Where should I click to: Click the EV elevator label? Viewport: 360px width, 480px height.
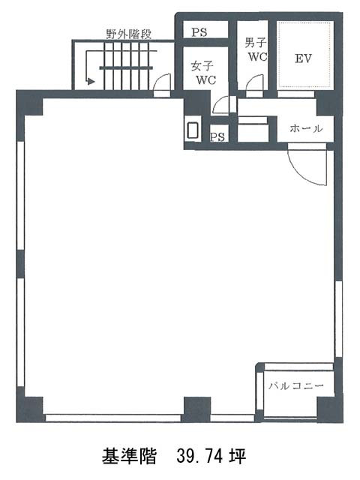coord(303,58)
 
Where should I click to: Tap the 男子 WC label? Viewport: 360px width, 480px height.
coord(256,49)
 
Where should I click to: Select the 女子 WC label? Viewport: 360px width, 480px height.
coord(203,73)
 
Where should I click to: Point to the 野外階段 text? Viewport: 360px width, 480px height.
coord(129,34)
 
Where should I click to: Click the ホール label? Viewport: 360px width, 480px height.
coord(306,128)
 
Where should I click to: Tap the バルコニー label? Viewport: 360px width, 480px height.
coord(296,385)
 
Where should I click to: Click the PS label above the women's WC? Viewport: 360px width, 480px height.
coord(199,32)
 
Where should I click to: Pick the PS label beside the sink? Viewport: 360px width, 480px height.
coord(217,136)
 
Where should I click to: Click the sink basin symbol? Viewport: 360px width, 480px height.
coord(193,130)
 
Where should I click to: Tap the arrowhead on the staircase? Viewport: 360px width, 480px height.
coord(91,82)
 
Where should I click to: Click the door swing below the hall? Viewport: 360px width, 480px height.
coord(307,166)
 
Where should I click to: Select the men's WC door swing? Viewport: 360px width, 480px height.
coord(255,82)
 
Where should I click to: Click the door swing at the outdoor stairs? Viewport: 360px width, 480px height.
coord(161,82)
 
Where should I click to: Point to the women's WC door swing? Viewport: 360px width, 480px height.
coord(220,104)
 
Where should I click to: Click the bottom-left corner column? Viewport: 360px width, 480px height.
coord(30,409)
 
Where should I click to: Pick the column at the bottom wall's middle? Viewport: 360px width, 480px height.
coord(197,409)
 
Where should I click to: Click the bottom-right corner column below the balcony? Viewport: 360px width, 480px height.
coord(330,409)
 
